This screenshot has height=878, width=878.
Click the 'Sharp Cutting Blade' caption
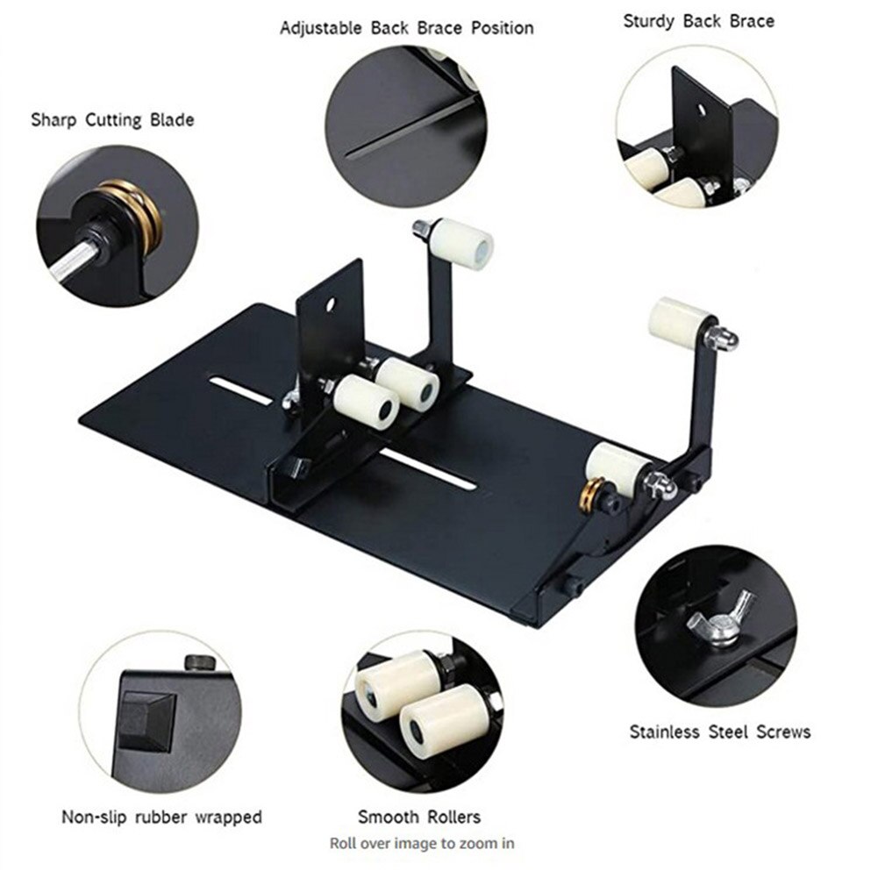click(x=112, y=119)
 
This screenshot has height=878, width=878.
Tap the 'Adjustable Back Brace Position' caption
click(x=406, y=28)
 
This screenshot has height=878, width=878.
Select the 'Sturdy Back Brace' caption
click(x=699, y=20)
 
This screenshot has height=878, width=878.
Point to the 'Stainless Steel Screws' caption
click(x=720, y=732)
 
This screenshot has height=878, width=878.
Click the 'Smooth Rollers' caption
click(x=419, y=817)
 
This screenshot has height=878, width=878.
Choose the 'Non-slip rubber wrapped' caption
click(x=161, y=817)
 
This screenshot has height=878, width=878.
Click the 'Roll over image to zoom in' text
click(x=422, y=844)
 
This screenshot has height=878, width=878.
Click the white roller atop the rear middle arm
click(x=463, y=243)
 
